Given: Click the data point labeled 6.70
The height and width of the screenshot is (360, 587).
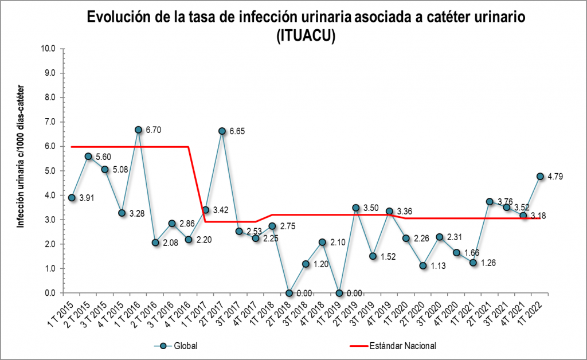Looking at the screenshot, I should click(138, 130).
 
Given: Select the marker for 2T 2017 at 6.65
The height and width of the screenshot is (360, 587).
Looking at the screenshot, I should click(222, 131).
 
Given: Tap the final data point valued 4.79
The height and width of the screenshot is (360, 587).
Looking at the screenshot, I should click(540, 176).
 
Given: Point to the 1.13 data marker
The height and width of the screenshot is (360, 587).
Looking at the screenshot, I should click(423, 265).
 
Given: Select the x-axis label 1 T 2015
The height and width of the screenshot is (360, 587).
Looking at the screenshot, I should click(60, 313).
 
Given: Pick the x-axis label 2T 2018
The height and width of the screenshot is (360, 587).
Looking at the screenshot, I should click(278, 312).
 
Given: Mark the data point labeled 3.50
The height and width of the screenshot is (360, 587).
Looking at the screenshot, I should click(356, 208).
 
